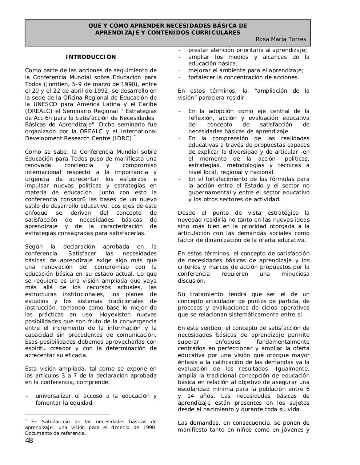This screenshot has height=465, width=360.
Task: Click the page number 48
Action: coord(29,441)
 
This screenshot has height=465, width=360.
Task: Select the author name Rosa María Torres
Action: coord(281,39)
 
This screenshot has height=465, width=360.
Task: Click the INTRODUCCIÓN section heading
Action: coord(91,57)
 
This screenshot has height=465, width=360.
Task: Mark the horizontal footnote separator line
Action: coord(67,415)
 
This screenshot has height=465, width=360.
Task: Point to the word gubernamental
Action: coord(209,193)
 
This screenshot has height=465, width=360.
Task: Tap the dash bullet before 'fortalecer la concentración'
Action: coord(179,77)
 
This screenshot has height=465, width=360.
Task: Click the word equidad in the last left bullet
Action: coord(82,403)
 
